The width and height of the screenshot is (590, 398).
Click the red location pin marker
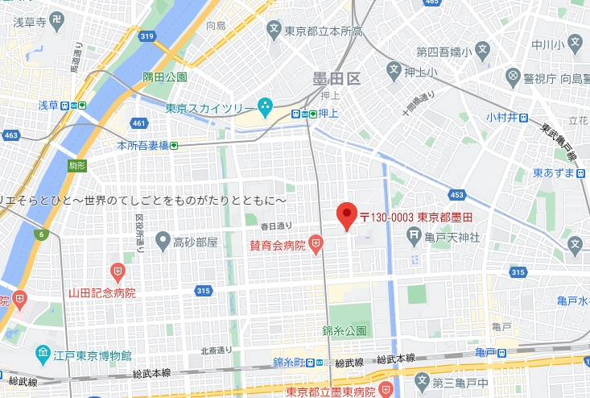click(346, 215)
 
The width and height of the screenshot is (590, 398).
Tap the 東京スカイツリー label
click(210, 108)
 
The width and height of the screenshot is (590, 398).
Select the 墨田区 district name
click(338, 79)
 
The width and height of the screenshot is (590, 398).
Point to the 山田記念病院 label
click(101, 292)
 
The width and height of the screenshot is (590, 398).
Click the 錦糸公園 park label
click(345, 331)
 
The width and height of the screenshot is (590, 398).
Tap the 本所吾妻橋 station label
click(142, 145)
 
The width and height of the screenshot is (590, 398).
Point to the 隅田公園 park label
click(165, 77)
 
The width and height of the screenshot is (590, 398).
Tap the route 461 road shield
click(138, 123)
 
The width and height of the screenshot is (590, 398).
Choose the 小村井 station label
click(501, 118)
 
